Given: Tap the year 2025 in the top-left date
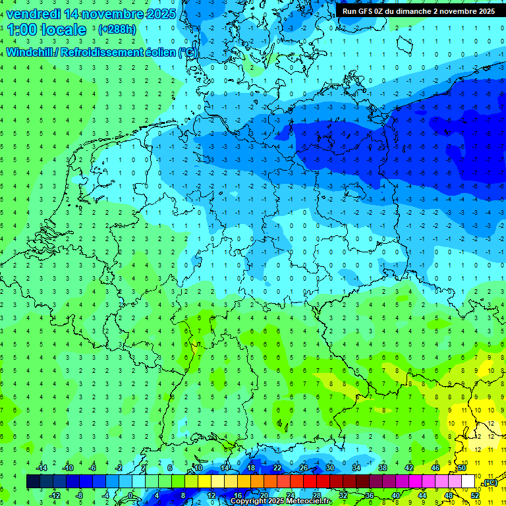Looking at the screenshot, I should point(157,13).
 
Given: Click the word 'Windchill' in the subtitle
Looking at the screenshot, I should point(30,52).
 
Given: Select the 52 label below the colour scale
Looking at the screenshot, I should point(474,495).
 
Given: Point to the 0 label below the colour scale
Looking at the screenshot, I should point(130,495).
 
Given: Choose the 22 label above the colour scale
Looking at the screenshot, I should point(277,468).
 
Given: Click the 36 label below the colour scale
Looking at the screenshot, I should point(369,495).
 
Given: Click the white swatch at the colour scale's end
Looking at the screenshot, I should point(468,482).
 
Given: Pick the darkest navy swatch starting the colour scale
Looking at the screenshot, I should point(33,482).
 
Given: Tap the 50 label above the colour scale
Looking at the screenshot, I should point(461,468).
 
